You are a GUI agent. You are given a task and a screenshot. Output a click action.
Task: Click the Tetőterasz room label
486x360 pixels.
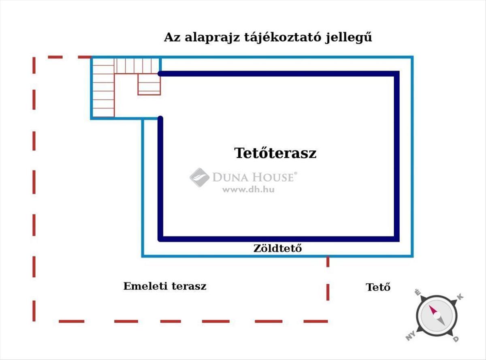pos(275,153)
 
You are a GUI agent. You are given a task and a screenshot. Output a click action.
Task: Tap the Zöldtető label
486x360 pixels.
pos(277,249)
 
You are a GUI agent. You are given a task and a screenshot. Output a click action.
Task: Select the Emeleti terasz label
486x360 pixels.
pos(165,286)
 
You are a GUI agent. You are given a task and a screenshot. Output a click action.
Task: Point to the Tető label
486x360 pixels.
pos(378,287)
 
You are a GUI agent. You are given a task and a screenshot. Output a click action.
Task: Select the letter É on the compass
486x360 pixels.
pos(417,292)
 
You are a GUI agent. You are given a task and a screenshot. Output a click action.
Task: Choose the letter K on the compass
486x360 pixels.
pos(460,297)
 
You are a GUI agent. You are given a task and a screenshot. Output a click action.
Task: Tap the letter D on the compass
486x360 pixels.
pos(456,339)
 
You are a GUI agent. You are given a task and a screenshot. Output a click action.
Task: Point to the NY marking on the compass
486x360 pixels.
pos(410,336)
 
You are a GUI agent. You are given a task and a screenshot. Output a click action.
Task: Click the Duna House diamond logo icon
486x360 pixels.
pos(199,177)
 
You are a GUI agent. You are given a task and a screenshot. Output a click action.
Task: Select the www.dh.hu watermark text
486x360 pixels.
pos(248,189)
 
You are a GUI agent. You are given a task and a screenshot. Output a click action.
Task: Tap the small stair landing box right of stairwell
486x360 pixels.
pos(149,84)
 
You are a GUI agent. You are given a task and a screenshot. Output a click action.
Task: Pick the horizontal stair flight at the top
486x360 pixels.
pos(136,65)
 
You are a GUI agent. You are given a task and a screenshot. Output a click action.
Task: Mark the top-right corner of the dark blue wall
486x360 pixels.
pos(396,74)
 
